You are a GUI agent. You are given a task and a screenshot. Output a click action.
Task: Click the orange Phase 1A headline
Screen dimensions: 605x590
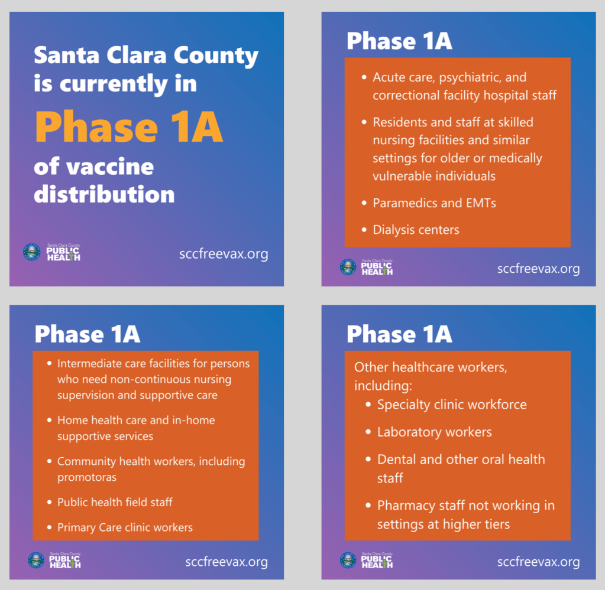click(x=130, y=127)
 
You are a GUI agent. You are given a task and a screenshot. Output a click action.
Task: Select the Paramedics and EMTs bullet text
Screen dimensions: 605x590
click(x=435, y=203)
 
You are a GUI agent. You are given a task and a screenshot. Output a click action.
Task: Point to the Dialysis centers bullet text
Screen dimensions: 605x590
click(x=416, y=230)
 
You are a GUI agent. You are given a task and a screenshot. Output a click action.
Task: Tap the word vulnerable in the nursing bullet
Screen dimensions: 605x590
click(x=402, y=176)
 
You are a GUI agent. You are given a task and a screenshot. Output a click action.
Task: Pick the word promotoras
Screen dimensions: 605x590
click(x=87, y=477)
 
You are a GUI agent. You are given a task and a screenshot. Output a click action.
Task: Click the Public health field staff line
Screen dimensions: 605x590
click(x=115, y=502)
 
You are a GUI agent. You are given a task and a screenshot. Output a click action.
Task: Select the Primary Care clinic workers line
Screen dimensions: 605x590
click(x=125, y=527)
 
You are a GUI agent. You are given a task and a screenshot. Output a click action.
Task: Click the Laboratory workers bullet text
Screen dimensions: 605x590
click(x=435, y=432)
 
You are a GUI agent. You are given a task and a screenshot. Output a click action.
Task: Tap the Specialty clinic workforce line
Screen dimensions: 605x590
click(x=452, y=405)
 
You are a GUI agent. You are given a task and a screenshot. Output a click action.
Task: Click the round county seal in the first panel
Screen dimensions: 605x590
click(x=31, y=252)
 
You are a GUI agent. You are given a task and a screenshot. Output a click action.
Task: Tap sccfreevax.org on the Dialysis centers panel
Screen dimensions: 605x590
click(x=538, y=269)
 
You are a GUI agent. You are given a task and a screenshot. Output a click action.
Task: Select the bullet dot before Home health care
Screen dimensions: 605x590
click(x=50, y=420)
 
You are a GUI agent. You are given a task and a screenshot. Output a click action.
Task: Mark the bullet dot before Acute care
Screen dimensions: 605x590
click(x=364, y=77)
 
